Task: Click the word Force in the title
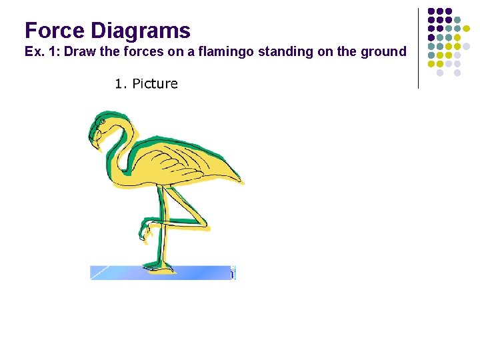click(55, 31)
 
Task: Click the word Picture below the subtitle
click(155, 84)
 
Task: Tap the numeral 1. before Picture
click(120, 84)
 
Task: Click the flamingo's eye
click(101, 124)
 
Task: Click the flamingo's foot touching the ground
click(159, 268)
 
